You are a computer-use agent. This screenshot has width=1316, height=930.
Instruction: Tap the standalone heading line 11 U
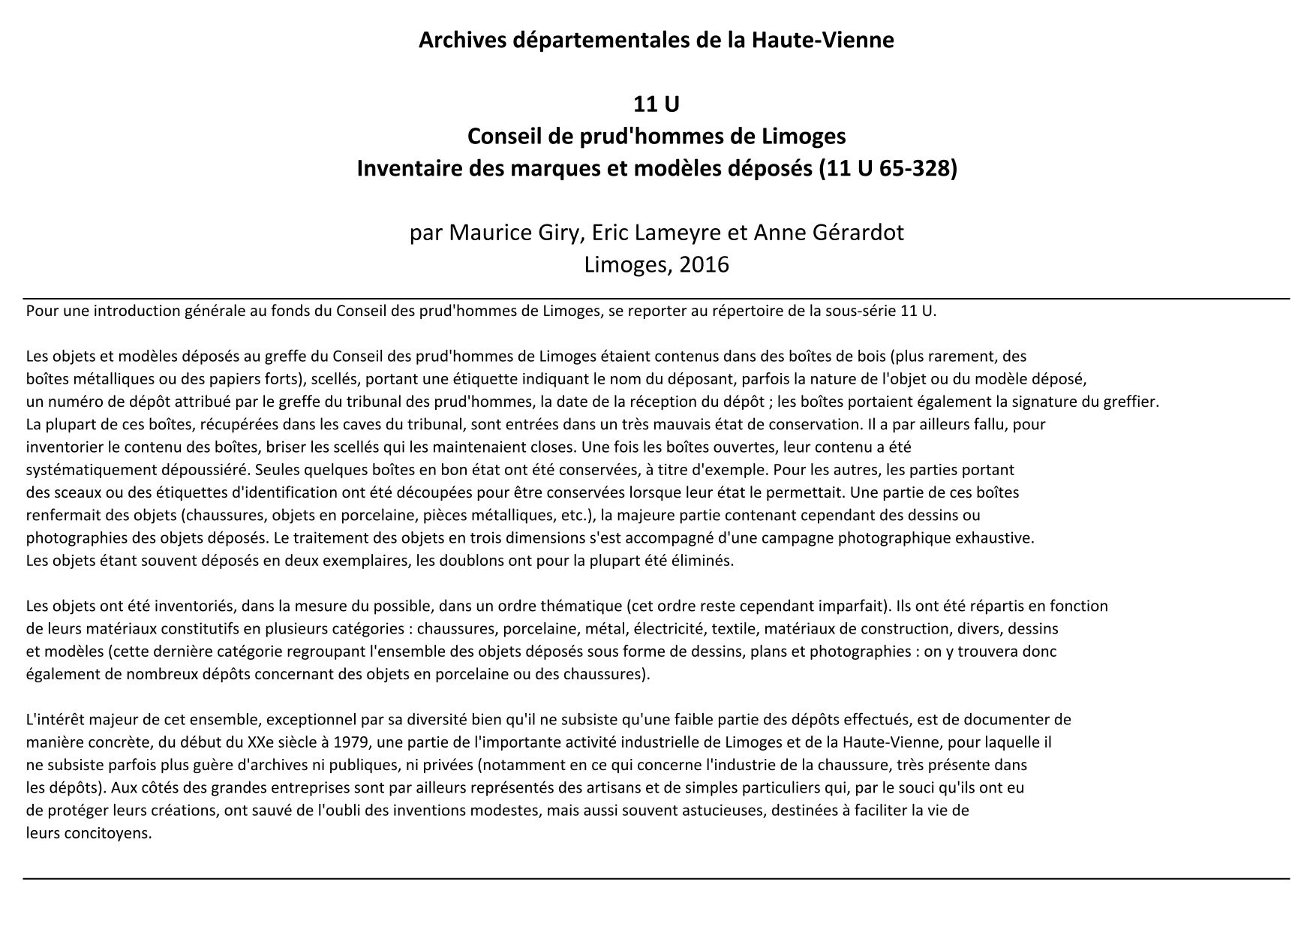(x=656, y=104)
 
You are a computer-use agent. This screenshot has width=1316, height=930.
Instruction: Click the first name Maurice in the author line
(x=481, y=233)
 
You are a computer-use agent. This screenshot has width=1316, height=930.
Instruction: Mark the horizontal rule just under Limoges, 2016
(x=656, y=299)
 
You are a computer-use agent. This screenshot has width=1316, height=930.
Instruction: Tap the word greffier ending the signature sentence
(x=1133, y=402)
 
